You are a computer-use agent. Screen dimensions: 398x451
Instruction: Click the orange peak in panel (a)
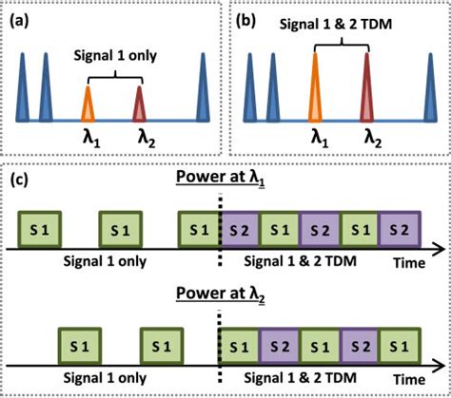coord(88,104)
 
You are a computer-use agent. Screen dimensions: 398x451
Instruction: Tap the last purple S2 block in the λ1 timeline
coord(398,230)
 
